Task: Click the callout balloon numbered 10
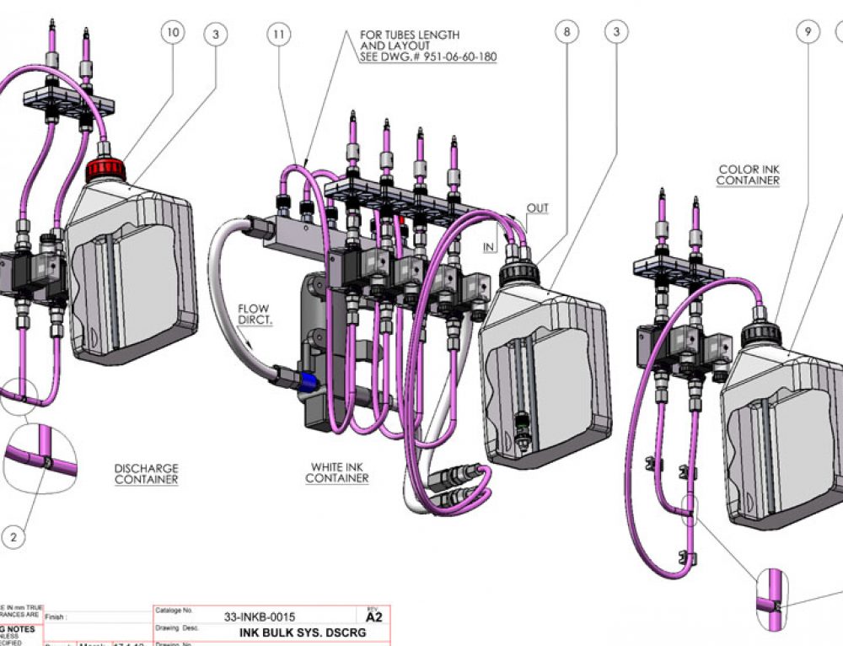click(173, 33)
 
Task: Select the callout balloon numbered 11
click(279, 34)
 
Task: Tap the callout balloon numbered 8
click(567, 32)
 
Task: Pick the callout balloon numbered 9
click(808, 32)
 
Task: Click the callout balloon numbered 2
click(13, 535)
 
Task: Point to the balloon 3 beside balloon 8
click(617, 32)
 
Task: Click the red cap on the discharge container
click(106, 170)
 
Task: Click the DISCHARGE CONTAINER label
click(147, 473)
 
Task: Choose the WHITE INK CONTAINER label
click(337, 472)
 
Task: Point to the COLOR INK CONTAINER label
click(748, 175)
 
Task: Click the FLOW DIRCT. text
click(253, 315)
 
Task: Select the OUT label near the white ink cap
click(537, 208)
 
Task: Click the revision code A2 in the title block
click(374, 617)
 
